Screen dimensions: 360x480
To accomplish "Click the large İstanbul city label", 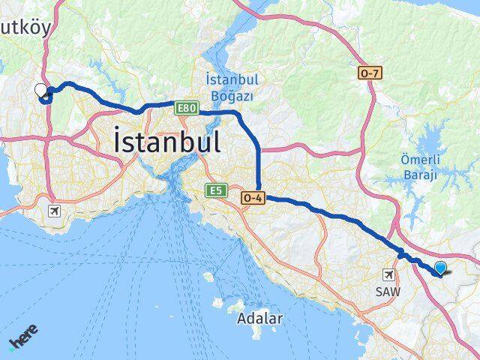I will pyautogui.click(x=166, y=142).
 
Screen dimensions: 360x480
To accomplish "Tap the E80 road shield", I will pyautogui.click(x=186, y=109).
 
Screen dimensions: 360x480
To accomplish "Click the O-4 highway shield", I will pyautogui.click(x=253, y=198).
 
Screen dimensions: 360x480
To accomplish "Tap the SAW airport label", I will pyautogui.click(x=388, y=291).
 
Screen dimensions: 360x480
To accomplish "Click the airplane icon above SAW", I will pyautogui.click(x=388, y=275).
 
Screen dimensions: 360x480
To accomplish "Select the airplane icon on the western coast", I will pyautogui.click(x=54, y=211).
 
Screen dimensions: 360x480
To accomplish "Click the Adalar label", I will pyautogui.click(x=259, y=318).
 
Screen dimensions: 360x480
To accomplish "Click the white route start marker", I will pyautogui.click(x=40, y=90).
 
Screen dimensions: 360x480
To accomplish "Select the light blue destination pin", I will pyautogui.click(x=440, y=269).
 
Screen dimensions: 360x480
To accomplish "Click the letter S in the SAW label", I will pyautogui.click(x=379, y=291).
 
